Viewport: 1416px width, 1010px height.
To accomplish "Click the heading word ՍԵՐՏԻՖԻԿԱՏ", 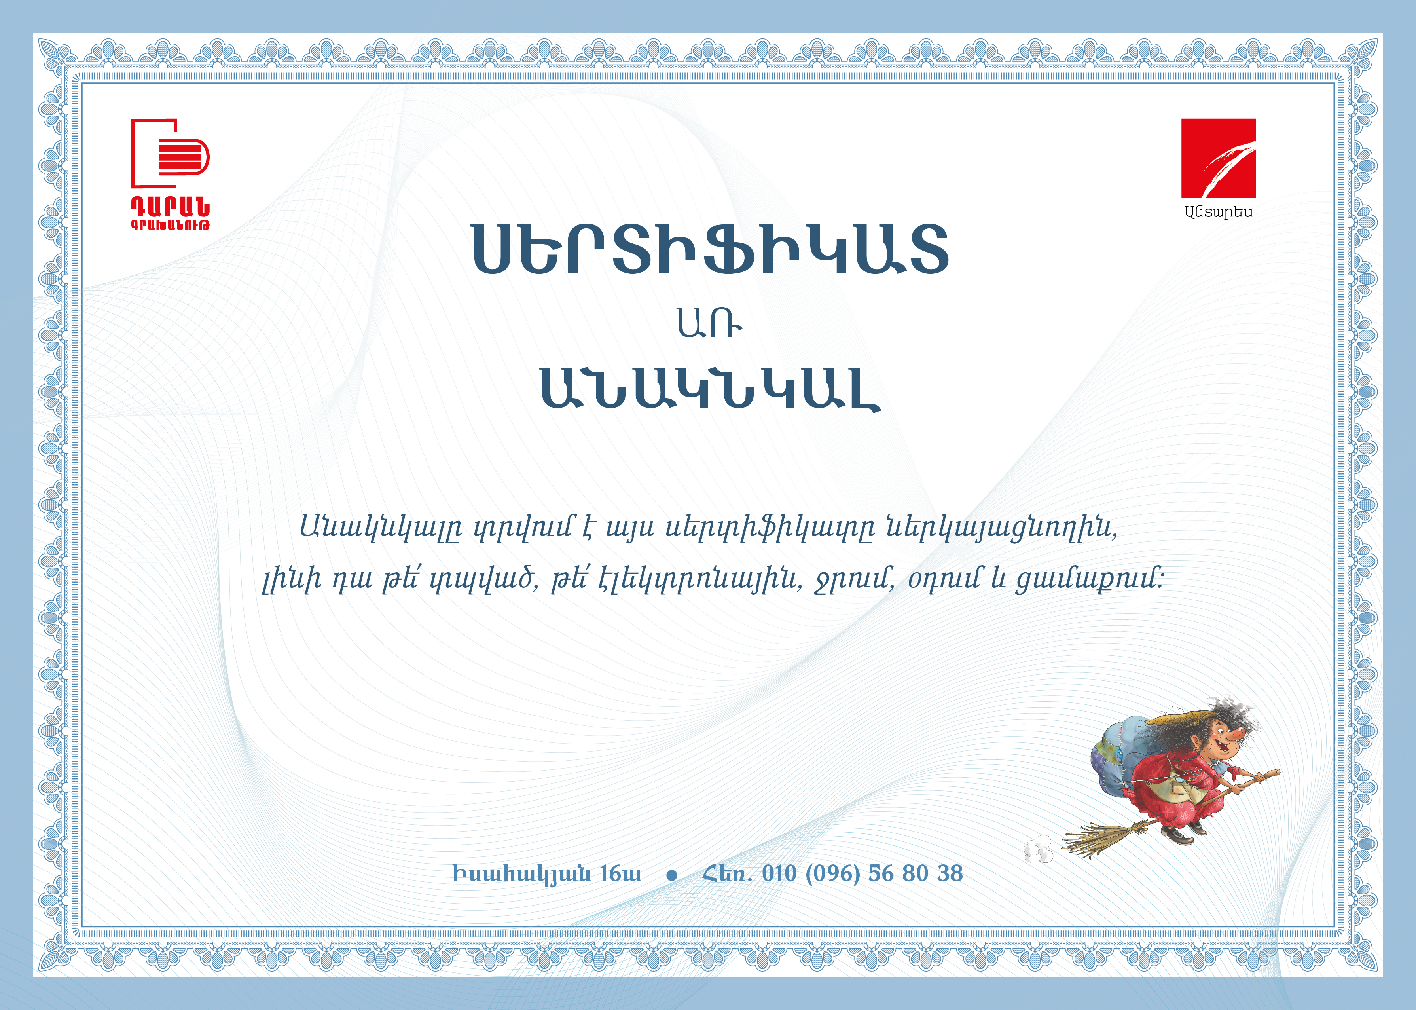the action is [711, 249].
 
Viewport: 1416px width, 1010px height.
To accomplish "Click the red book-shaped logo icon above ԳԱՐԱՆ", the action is [170, 153].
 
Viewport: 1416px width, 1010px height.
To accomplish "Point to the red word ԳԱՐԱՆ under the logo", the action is [170, 207].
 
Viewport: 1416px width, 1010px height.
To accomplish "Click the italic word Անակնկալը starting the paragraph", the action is [381, 529].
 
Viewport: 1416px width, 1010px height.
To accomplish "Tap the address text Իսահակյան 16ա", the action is [546, 874].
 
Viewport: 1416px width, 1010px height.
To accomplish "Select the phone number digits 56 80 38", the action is [916, 873].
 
